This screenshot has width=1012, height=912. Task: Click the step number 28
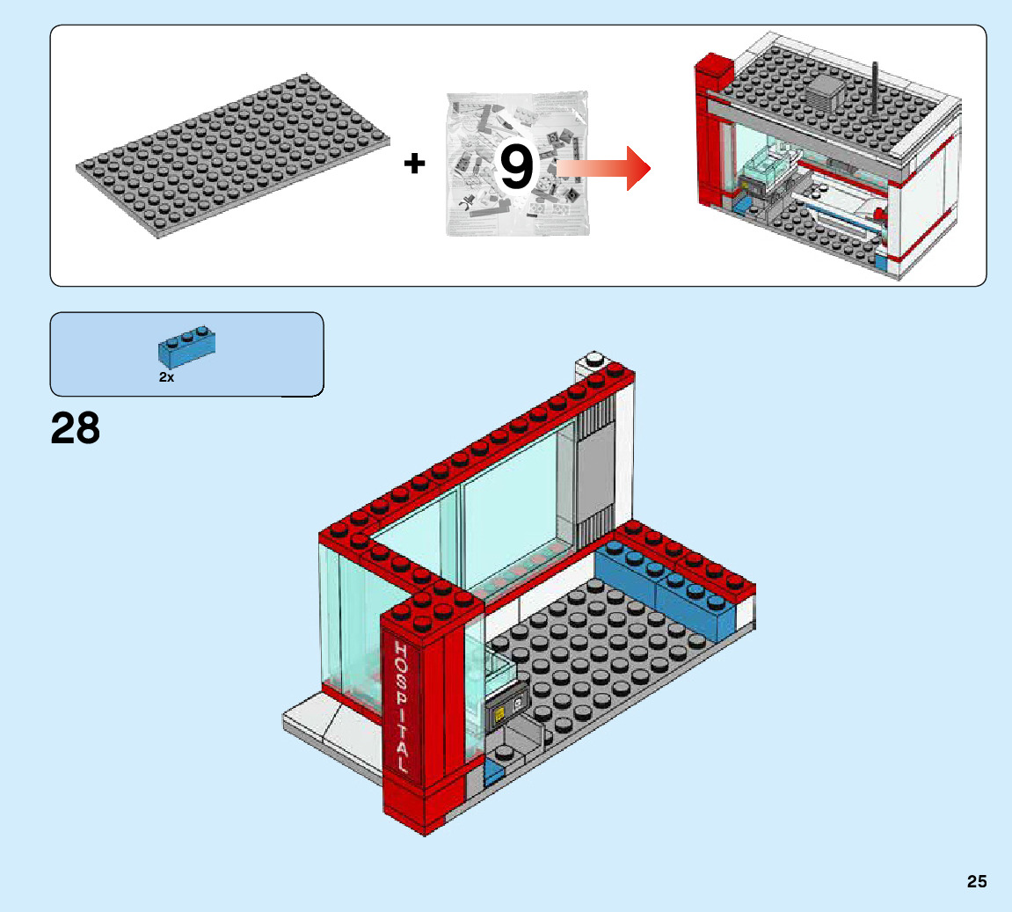(76, 429)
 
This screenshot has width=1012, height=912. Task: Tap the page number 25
(977, 881)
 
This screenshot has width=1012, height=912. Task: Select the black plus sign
(414, 163)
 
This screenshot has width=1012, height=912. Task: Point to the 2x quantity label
(167, 376)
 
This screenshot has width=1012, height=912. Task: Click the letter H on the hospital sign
(400, 650)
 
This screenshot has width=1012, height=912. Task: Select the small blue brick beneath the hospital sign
(492, 775)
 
